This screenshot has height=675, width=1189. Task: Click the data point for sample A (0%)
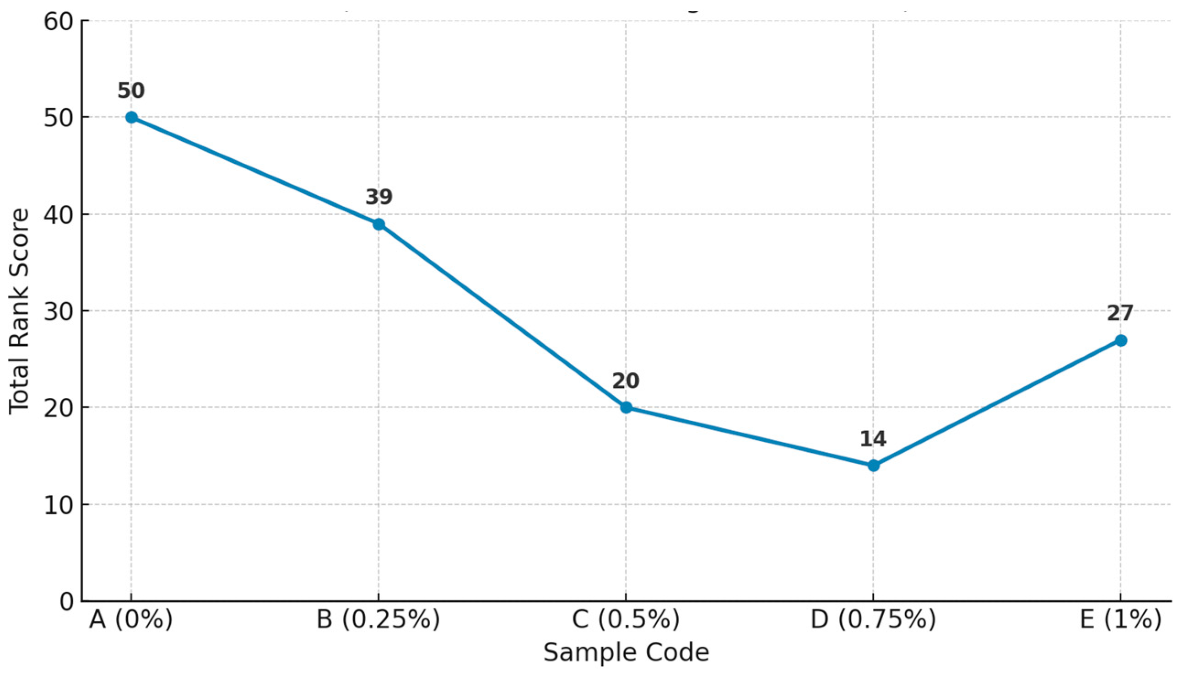tap(131, 117)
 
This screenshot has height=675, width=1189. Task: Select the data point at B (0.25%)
tap(378, 225)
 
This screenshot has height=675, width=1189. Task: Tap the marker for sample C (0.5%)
tap(626, 407)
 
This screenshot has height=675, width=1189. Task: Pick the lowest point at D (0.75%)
tap(873, 466)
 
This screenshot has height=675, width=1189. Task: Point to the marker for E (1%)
tap(1120, 340)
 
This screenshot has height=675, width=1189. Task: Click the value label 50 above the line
tap(131, 91)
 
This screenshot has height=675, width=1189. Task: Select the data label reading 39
tap(378, 197)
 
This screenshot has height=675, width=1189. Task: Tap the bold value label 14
tap(873, 439)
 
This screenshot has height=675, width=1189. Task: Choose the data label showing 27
tap(1120, 313)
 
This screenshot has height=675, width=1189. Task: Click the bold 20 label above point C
tap(626, 381)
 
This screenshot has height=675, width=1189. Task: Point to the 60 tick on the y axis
tap(59, 21)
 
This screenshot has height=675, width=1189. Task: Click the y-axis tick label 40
tap(59, 214)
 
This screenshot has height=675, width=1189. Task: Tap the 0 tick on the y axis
tap(67, 601)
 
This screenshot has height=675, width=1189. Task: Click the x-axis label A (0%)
tap(131, 620)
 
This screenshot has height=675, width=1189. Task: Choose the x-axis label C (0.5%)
tap(626, 620)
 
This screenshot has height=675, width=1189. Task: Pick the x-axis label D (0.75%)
tap(873, 620)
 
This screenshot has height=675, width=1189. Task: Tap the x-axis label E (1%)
tap(1120, 620)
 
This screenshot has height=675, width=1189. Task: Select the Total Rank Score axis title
tap(20, 311)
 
